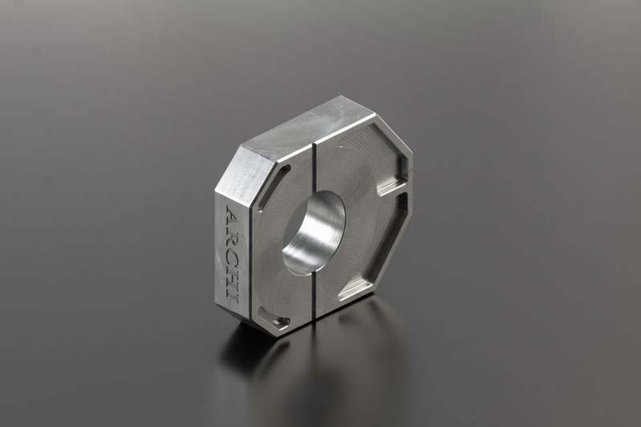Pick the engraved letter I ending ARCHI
(x=232, y=296)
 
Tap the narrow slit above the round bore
(x=314, y=167)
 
